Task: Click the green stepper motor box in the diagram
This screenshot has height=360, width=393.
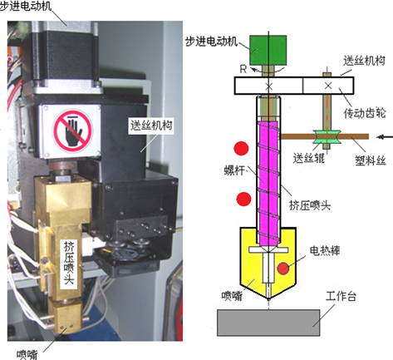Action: (x=268, y=50)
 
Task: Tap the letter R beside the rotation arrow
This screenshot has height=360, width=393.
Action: (x=243, y=69)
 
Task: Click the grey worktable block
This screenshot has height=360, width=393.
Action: (x=268, y=323)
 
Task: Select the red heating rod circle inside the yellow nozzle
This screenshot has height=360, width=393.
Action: (x=283, y=269)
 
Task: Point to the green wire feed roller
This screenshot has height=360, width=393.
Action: (x=327, y=137)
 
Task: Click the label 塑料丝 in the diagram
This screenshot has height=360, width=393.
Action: (x=371, y=160)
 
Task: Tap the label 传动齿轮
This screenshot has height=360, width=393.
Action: (x=365, y=113)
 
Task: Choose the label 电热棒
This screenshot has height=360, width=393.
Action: (x=325, y=251)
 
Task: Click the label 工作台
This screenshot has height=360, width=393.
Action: (x=341, y=296)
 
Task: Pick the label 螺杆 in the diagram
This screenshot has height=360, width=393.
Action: (x=234, y=170)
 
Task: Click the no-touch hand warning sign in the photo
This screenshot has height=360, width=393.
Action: (x=72, y=131)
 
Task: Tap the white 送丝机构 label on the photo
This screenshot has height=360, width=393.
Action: (x=151, y=126)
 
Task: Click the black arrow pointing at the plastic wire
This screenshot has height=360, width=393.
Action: (x=386, y=137)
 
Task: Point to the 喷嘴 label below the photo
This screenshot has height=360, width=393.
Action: (x=27, y=354)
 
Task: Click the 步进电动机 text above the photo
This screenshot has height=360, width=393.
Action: (x=26, y=6)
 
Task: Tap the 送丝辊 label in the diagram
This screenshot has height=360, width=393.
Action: (x=309, y=158)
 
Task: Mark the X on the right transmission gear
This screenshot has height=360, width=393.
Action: (x=328, y=86)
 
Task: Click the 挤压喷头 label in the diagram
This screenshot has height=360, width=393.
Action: (x=310, y=205)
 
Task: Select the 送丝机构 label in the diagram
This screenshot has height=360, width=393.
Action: (x=364, y=61)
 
